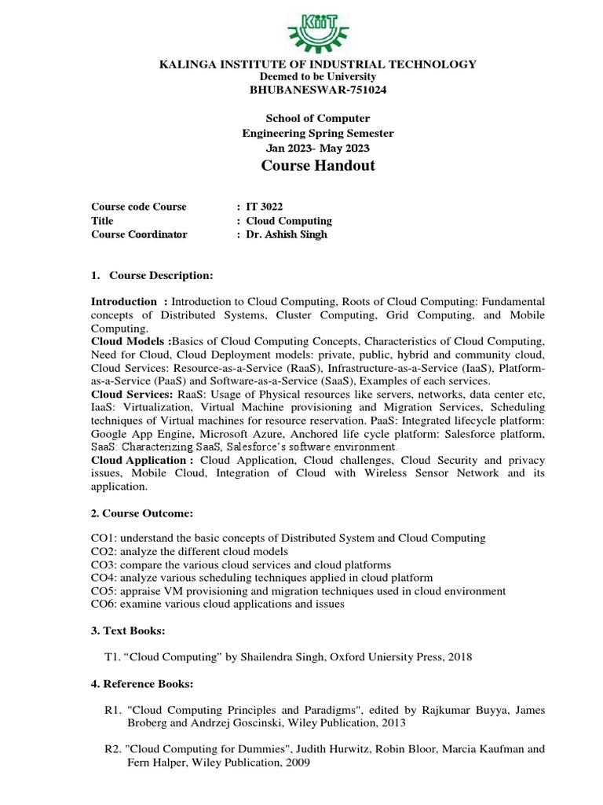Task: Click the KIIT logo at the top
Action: pyautogui.click(x=317, y=27)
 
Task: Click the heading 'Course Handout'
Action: pyautogui.click(x=318, y=166)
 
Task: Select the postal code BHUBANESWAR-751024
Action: pyautogui.click(x=318, y=90)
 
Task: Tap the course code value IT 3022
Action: pyautogui.click(x=265, y=207)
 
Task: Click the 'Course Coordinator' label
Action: pyautogui.click(x=140, y=235)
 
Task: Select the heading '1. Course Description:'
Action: pyautogui.click(x=152, y=275)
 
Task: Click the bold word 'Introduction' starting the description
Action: pyautogui.click(x=124, y=301)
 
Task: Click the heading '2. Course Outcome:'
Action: pyautogui.click(x=142, y=513)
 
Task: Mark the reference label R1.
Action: pyautogui.click(x=111, y=710)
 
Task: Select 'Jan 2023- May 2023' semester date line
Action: pyautogui.click(x=318, y=148)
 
